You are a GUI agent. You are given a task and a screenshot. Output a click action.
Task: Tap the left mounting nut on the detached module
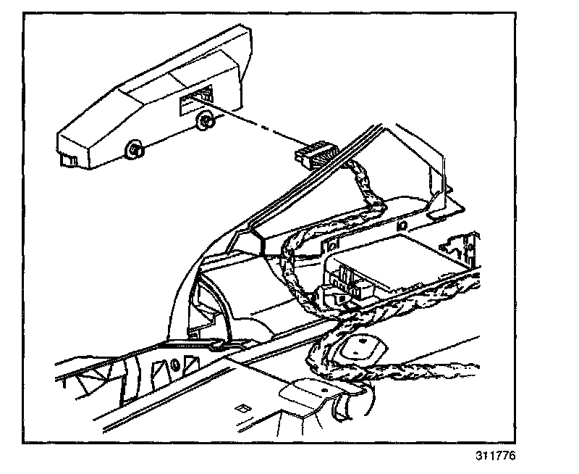tap(134, 150)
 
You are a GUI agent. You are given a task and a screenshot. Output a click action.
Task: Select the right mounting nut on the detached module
tap(205, 122)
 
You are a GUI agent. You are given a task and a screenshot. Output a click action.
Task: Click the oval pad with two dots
tap(358, 348)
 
